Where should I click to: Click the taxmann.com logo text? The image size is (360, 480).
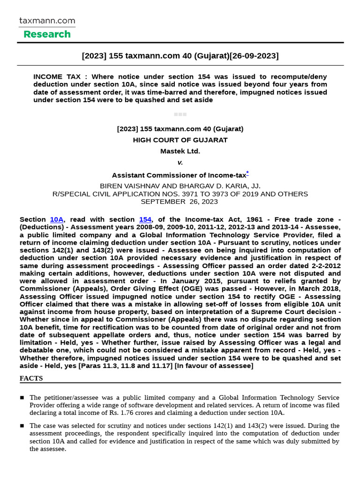point(47,21)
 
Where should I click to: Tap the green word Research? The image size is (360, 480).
point(47,34)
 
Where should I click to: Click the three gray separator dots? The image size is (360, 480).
point(180,114)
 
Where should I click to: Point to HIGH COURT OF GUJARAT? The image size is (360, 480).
point(180,140)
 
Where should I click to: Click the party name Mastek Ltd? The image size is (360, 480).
point(180,151)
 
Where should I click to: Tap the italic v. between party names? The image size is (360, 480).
point(180,162)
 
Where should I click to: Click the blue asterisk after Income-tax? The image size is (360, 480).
point(247,173)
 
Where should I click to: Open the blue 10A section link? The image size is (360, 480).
point(57,219)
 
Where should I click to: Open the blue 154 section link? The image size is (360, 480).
point(145,219)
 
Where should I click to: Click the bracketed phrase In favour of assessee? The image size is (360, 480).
point(214,366)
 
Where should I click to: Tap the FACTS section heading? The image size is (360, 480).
point(31,378)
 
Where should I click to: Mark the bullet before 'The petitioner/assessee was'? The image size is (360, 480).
point(22,397)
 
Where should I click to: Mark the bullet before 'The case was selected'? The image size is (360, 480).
point(22,426)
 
